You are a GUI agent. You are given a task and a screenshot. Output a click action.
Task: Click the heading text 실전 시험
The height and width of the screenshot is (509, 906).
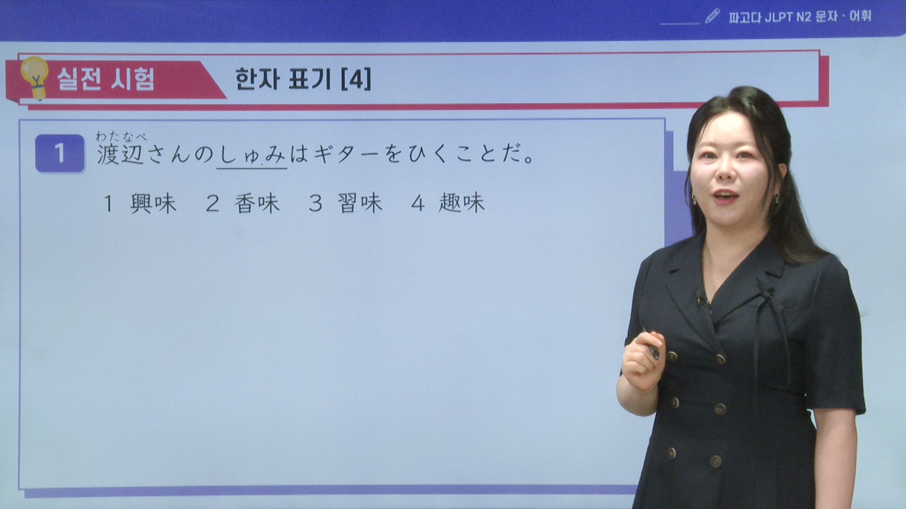[x=106, y=79]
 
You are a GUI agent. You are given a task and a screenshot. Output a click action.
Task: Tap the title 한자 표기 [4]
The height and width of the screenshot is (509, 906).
[x=303, y=79]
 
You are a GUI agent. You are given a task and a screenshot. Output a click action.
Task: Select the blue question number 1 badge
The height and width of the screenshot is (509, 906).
[x=60, y=153]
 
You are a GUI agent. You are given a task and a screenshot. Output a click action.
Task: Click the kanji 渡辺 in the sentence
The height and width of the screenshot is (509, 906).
[x=120, y=154]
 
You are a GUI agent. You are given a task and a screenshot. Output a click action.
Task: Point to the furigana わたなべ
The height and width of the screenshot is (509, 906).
[x=121, y=136]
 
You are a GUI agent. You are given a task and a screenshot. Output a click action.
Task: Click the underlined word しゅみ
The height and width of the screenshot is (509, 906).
[x=252, y=155]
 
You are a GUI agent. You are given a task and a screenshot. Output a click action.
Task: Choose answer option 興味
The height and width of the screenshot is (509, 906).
[x=153, y=204]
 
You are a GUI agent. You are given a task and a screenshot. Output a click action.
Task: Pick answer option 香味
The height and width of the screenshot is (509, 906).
[x=257, y=204]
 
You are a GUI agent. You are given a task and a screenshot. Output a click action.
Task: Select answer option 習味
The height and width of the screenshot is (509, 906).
[x=360, y=204]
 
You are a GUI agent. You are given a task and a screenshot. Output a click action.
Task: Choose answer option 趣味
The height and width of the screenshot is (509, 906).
[x=461, y=203]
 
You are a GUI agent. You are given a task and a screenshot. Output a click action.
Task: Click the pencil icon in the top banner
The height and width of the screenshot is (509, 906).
[x=713, y=16]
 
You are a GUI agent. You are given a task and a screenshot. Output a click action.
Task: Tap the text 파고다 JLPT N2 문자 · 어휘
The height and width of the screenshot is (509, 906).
[x=800, y=16]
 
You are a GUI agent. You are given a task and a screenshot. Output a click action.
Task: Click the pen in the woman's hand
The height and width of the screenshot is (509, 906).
[x=652, y=345]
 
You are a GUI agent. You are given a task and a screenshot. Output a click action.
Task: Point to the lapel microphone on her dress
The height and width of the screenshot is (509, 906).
[x=702, y=297]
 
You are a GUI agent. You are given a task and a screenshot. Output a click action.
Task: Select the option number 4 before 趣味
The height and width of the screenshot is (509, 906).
[x=418, y=204]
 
